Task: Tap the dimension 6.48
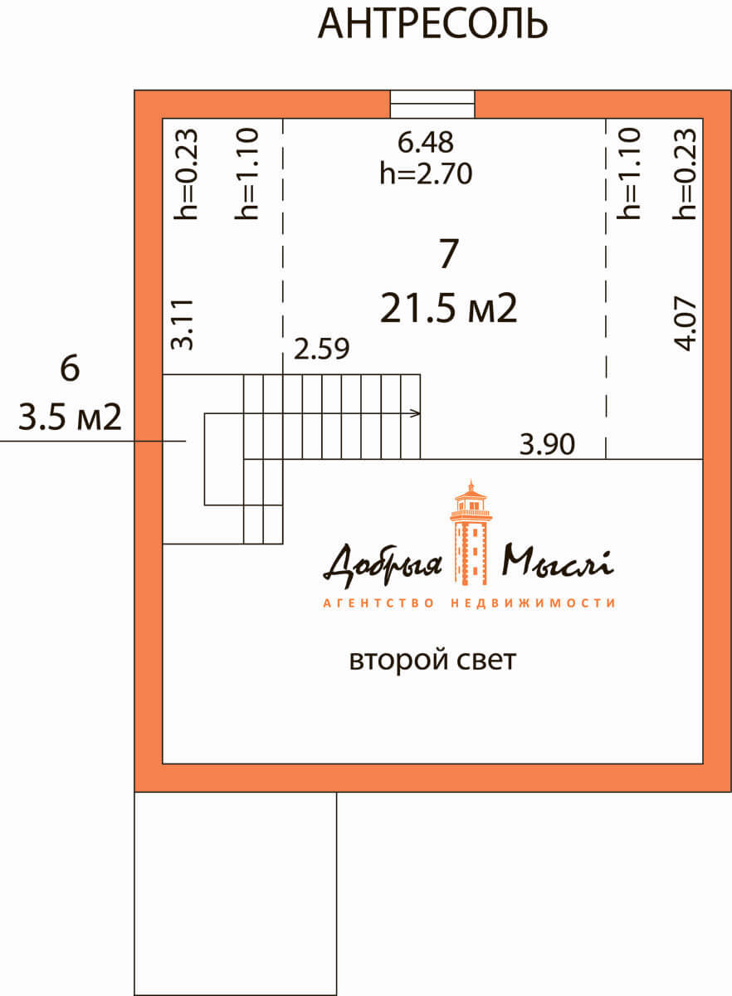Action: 426,142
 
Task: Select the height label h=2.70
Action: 426,173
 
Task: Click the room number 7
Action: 449,253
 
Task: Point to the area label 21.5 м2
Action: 449,308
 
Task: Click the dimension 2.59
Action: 321,349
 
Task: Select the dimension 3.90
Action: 547,444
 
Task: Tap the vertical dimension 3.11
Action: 183,325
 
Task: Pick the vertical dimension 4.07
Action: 686,324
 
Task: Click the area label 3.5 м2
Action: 70,417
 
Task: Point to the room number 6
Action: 70,369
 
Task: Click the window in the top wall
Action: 432,105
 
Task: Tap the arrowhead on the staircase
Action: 415,413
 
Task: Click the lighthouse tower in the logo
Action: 471,532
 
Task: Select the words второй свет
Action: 432,661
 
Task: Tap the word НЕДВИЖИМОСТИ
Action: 533,603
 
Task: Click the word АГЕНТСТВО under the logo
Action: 378,603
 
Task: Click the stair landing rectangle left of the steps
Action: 224,459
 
